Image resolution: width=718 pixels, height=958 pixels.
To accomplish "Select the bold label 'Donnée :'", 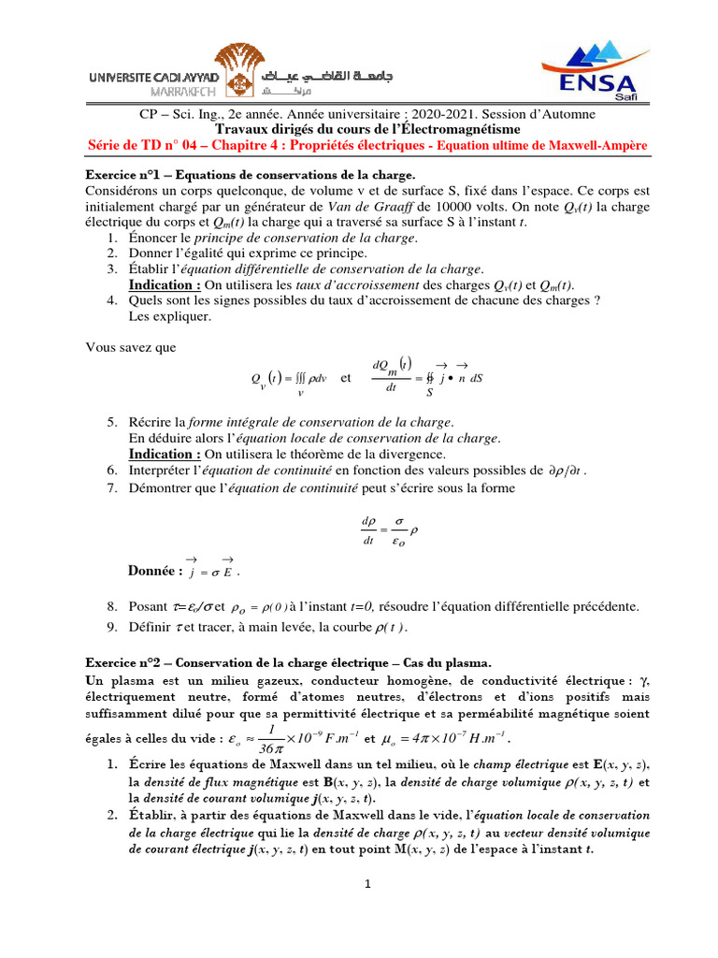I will (x=154, y=571).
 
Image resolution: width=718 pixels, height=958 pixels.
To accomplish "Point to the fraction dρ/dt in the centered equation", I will (x=367, y=530).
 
